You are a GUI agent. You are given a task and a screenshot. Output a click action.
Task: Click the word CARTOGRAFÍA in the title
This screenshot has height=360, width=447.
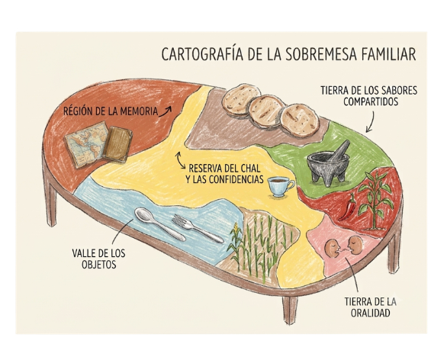(x=202, y=54)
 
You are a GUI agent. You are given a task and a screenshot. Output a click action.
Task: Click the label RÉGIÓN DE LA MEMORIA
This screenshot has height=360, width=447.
(x=111, y=111)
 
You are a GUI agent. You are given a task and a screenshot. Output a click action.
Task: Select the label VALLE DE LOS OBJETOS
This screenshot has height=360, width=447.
(x=98, y=259)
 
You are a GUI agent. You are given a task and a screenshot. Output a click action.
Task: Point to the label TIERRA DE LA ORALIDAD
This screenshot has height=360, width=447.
(x=370, y=307)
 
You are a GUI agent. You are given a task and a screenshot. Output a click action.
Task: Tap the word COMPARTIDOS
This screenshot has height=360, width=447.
(x=370, y=101)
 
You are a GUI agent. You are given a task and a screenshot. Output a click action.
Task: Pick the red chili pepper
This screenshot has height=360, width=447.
(x=348, y=207)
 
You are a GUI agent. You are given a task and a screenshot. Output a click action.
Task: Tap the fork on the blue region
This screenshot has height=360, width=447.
(x=198, y=228)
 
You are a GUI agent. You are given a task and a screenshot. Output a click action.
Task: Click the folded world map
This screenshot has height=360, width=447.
(x=86, y=144)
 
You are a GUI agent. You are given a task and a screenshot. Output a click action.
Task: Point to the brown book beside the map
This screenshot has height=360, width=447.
(x=117, y=144)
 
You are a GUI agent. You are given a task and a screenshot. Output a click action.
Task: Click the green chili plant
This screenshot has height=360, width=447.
(x=374, y=200)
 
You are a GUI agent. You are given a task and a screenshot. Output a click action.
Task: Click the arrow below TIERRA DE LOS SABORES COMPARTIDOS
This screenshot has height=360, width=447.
(x=371, y=122)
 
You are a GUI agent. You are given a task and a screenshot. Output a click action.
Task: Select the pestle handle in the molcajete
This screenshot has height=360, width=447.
(x=341, y=150)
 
